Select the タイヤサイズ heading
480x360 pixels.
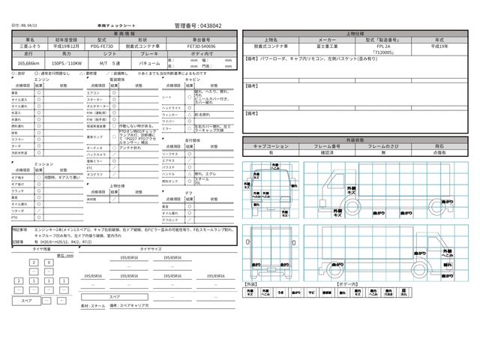(x=140, y=247)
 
